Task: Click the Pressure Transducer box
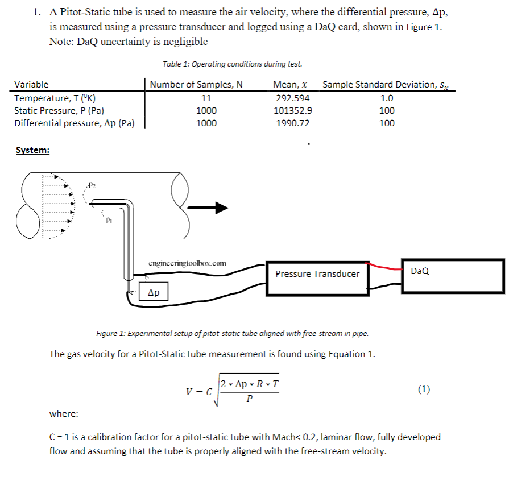tap(317, 274)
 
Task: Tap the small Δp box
tap(154, 293)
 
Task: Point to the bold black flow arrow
tap(212, 209)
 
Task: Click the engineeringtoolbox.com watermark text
tap(187, 263)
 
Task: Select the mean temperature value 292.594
tap(292, 98)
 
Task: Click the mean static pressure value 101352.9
tap(292, 110)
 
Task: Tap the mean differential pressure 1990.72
tap(292, 123)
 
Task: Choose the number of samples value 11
tap(206, 98)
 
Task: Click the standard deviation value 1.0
tap(387, 98)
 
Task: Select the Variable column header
tap(31, 85)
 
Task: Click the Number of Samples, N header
tap(196, 85)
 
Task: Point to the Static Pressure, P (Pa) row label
tap(59, 110)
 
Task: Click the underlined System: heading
tap(32, 150)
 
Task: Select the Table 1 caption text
tap(232, 64)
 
